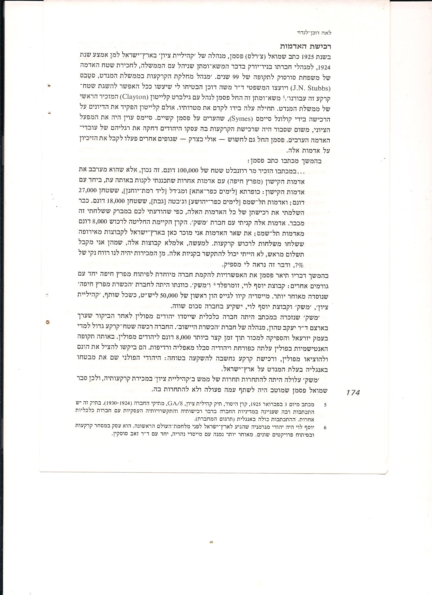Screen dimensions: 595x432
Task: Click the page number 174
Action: tap(353, 393)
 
